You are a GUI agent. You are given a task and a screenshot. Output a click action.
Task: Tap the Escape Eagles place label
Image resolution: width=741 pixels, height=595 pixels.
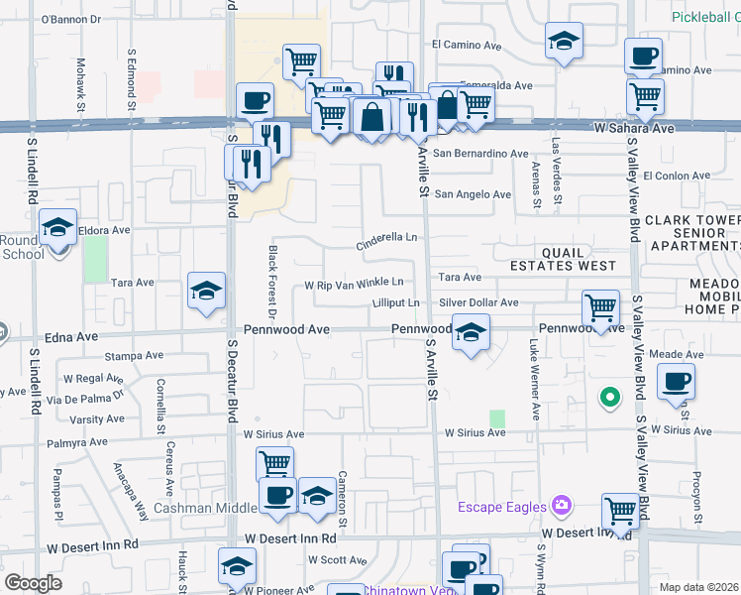coord(501,508)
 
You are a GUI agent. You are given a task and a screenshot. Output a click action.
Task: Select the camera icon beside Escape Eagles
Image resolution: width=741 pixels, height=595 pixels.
coord(562,507)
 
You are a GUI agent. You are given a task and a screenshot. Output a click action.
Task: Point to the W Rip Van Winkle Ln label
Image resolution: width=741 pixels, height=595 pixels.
coord(354,283)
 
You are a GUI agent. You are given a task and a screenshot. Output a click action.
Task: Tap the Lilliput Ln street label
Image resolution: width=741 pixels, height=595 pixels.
coord(395,302)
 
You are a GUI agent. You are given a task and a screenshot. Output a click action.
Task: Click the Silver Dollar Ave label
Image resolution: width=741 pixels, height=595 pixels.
coord(478,302)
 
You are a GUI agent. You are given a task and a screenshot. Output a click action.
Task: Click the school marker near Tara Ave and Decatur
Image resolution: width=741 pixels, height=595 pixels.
coord(207,291)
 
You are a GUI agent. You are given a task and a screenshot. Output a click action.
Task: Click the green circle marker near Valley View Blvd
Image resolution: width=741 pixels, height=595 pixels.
coord(610,399)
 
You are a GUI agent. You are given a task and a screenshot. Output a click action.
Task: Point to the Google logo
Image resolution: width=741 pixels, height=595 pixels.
coord(33,583)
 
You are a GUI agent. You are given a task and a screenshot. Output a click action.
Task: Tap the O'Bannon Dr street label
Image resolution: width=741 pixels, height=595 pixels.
coord(71,20)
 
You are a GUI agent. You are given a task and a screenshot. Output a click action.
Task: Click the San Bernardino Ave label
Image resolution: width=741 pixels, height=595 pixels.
coord(480,154)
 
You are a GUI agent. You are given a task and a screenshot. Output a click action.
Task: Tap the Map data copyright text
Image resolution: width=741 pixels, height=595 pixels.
coord(699,587)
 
